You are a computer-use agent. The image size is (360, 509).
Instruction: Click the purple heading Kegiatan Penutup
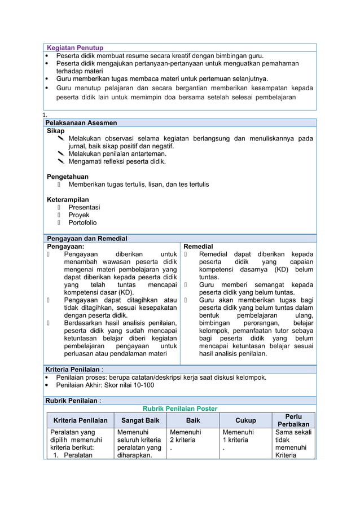(74, 48)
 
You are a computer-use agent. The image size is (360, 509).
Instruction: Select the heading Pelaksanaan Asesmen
(81, 122)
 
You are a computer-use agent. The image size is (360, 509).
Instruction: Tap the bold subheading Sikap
(55, 130)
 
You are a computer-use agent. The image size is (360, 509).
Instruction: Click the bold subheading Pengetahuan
(67, 177)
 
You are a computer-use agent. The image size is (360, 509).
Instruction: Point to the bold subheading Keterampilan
(68, 200)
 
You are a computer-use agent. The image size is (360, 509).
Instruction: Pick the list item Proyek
(79, 215)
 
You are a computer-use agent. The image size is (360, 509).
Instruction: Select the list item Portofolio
(82, 223)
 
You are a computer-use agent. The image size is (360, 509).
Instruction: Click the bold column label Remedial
(199, 247)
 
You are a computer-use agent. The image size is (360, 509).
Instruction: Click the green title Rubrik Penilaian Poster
(179, 409)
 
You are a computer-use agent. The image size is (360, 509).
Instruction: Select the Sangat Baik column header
(137, 420)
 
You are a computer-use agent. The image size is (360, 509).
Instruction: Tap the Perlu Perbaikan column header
(293, 420)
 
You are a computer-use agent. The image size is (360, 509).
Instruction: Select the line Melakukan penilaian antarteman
(117, 153)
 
